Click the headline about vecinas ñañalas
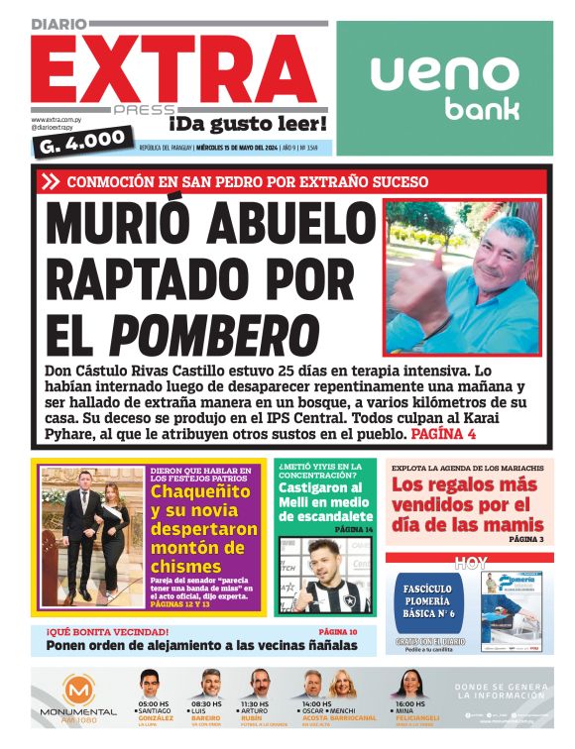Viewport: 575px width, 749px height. click(x=201, y=646)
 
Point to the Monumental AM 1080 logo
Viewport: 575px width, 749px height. click(x=78, y=697)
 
